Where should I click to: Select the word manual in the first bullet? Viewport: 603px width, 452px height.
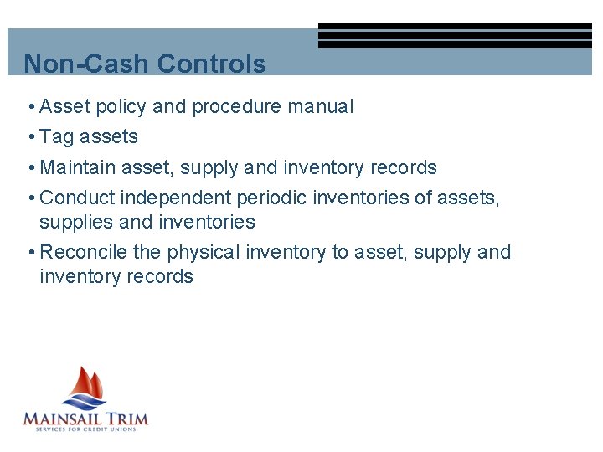click(321, 107)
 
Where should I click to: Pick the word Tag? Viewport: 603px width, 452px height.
click(57, 137)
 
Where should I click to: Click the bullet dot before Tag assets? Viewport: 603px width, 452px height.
click(30, 137)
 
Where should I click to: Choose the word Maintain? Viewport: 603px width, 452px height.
click(78, 167)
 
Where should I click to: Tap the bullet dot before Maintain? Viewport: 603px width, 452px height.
click(30, 167)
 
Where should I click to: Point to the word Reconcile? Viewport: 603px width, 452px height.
click(81, 253)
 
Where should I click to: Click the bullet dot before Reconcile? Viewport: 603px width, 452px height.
click(30, 253)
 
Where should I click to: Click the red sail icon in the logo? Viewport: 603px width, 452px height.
click(89, 386)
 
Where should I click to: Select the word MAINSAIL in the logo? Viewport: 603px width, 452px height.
click(62, 418)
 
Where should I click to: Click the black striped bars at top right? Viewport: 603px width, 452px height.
click(455, 35)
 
